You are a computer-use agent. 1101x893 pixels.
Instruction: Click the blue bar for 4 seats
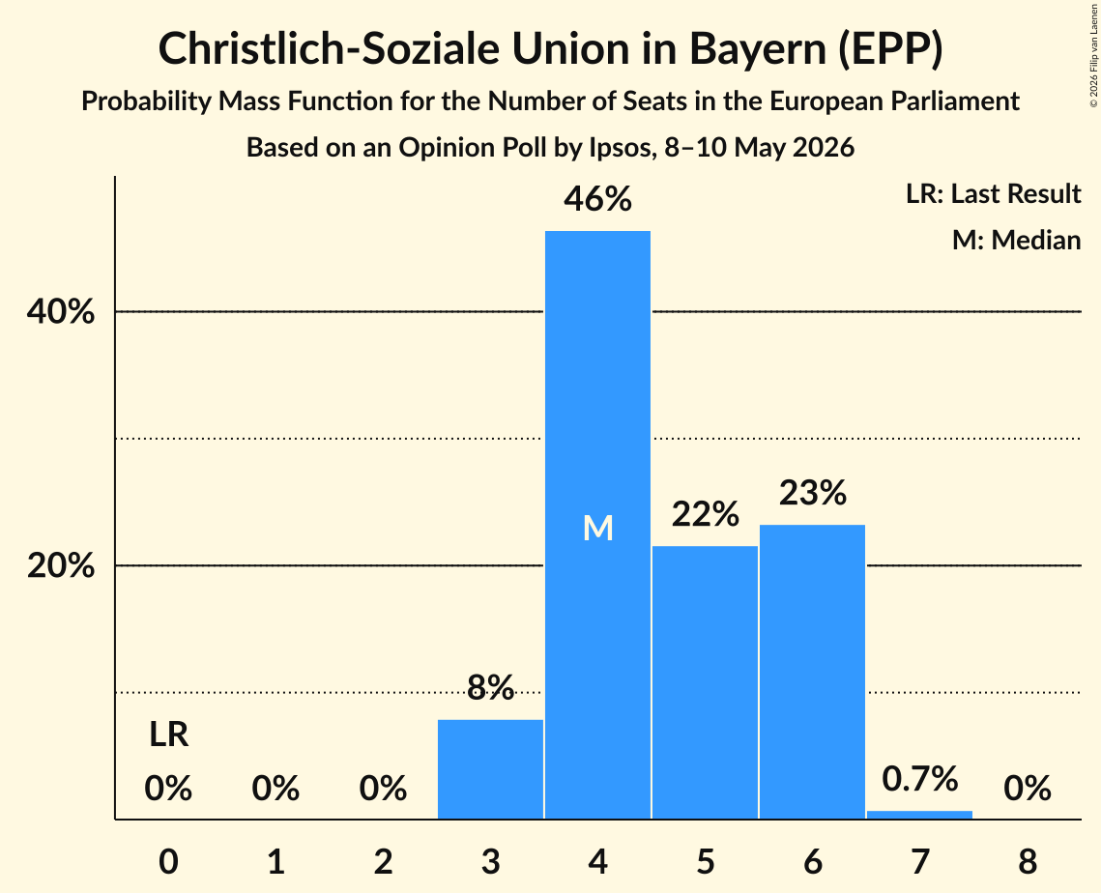[597, 525]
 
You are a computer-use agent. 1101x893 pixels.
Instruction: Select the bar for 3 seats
[490, 769]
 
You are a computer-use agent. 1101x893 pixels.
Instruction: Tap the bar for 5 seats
[705, 682]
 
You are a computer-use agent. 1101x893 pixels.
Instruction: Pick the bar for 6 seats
[812, 672]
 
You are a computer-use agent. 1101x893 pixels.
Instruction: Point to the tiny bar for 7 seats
[920, 815]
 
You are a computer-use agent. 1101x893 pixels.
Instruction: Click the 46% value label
[597, 199]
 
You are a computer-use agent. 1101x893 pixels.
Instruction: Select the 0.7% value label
[920, 779]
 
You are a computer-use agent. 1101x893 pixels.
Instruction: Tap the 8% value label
[490, 687]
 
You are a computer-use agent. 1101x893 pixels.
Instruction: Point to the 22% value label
[705, 514]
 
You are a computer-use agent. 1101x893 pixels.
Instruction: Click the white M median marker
[598, 528]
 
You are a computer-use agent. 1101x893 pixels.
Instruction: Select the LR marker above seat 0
[168, 735]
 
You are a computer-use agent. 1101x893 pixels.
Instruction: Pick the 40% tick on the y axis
[60, 312]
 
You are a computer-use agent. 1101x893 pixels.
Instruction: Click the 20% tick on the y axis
[60, 565]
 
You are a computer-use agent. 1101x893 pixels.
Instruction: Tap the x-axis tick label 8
[1028, 861]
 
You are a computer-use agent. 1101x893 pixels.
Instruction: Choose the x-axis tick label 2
[383, 861]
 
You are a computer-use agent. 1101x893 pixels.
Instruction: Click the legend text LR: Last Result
[993, 193]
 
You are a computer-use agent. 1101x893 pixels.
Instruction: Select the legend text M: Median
[1016, 240]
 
